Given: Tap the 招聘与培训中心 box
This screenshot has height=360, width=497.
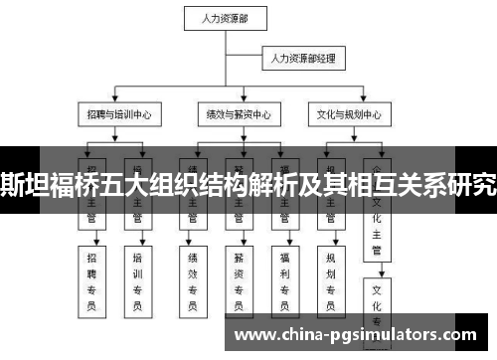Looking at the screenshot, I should coord(116,114).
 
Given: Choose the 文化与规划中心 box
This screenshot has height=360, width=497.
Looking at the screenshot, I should coord(345,114).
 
